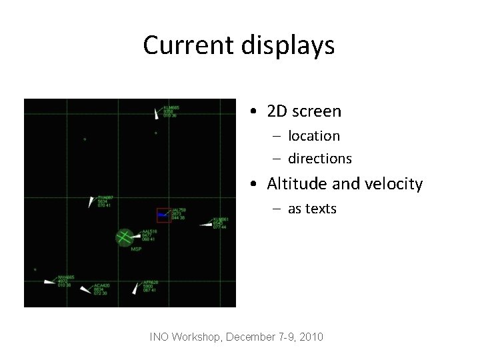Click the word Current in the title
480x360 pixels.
point(175,45)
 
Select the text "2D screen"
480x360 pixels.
point(304,111)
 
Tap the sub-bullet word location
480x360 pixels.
point(314,136)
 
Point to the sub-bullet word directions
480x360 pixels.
point(320,159)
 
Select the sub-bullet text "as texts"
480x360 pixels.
point(312,209)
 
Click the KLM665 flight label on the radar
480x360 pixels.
point(171,107)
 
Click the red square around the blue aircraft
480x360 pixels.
point(163,215)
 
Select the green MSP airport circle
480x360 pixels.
point(124,237)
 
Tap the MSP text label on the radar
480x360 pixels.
point(136,249)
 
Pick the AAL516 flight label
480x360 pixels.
point(149,231)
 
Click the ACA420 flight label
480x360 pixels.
point(101,285)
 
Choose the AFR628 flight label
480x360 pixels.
point(151,283)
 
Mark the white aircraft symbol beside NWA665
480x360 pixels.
point(49,281)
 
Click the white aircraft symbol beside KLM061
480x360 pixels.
point(205,225)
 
